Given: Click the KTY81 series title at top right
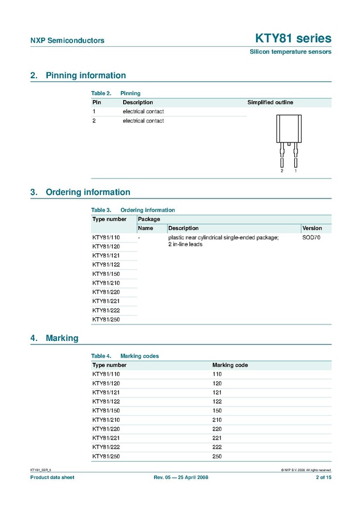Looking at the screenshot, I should click(292, 39).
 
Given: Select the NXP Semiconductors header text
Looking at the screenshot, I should click(67, 40).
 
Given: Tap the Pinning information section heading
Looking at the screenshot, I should click(86, 75).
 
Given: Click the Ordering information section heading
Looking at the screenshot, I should click(88, 192).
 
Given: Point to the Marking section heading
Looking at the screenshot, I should click(62, 338).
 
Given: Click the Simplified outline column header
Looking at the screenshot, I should click(270, 103).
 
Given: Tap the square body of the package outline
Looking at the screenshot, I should click(288, 129).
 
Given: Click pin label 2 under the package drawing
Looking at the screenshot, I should click(282, 171).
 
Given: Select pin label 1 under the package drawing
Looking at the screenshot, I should click(295, 171).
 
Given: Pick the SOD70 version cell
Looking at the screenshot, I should click(311, 237).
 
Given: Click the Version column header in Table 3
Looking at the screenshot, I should click(312, 228).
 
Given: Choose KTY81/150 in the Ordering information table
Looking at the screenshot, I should click(106, 274).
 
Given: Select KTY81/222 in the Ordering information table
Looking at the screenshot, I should click(106, 310).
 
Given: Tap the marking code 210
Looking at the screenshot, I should click(217, 420).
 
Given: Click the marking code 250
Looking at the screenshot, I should click(217, 456).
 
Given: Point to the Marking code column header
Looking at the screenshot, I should click(230, 365).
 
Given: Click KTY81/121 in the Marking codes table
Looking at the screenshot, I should click(106, 392).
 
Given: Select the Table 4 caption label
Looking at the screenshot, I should click(101, 356).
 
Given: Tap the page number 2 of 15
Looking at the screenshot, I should click(323, 477).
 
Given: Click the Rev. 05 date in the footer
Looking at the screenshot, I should click(181, 477).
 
